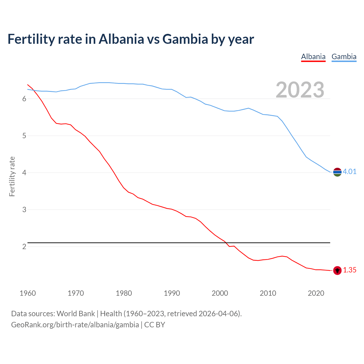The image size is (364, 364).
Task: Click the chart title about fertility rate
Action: point(131,39)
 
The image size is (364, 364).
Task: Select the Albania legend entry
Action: point(313,57)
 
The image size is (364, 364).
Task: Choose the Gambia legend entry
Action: point(344,57)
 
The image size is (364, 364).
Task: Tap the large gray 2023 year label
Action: point(300,90)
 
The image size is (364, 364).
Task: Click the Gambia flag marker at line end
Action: point(337,172)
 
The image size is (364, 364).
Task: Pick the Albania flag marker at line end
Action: point(337,270)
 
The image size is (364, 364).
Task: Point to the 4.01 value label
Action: point(349,171)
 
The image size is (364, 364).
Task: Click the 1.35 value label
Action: point(349,270)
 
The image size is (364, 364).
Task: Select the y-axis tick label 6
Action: point(24,99)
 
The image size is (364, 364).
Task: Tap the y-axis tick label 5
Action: point(24,136)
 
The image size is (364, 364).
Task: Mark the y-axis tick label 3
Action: point(24,210)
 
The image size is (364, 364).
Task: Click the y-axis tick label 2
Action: point(24,247)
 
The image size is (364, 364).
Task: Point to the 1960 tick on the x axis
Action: point(28,293)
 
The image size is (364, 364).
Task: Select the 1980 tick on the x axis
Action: point(124,293)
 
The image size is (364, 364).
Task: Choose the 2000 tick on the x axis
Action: point(220,293)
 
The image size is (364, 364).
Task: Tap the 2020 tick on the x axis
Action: point(316,293)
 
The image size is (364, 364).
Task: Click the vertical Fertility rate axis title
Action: point(12,176)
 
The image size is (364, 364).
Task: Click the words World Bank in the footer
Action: point(76,314)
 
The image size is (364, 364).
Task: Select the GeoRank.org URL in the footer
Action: point(75,325)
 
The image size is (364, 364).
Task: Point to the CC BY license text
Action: point(155,325)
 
